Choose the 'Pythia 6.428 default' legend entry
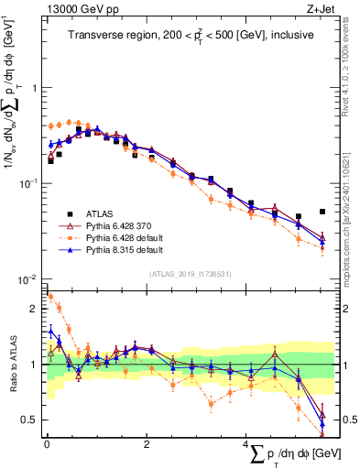[x=125, y=235]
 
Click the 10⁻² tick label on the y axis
[x=27, y=279]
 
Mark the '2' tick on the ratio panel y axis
[x=33, y=309]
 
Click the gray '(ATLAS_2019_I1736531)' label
[x=190, y=273]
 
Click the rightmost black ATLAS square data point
[x=322, y=212]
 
